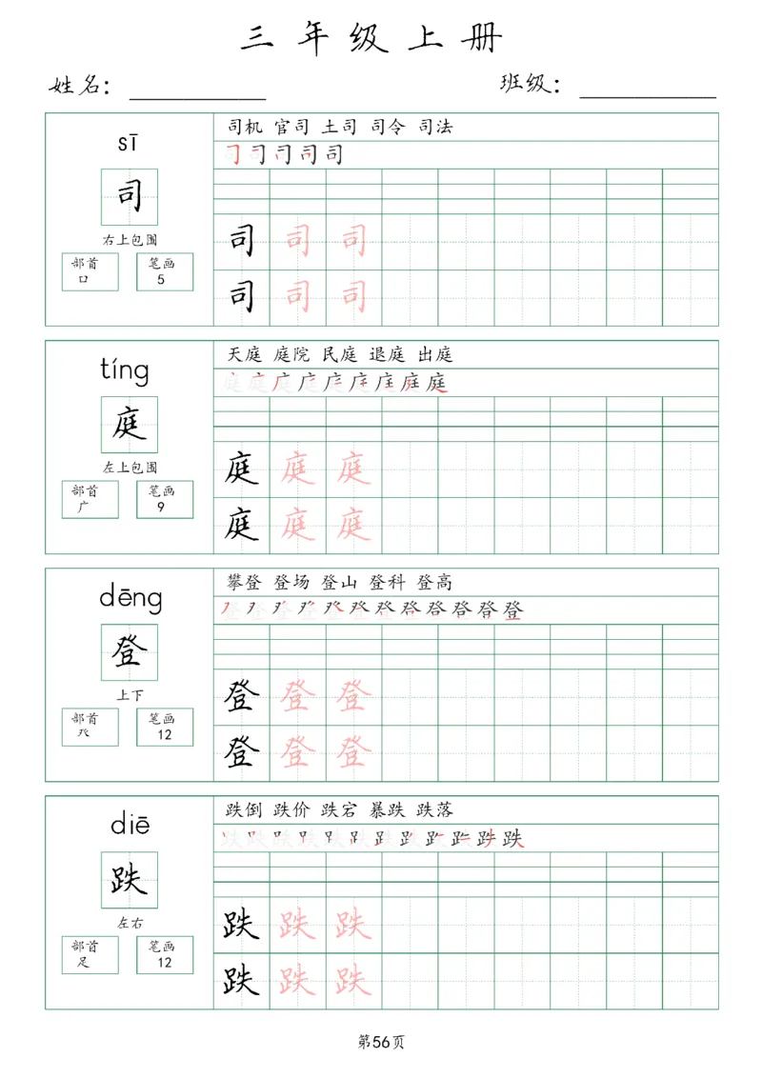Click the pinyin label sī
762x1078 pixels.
(x=129, y=143)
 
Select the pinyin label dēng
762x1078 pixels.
(x=130, y=598)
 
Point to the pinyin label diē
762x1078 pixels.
(x=130, y=825)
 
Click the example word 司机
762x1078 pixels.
(x=246, y=127)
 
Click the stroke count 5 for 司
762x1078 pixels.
(x=161, y=280)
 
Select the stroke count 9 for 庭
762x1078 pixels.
(x=161, y=508)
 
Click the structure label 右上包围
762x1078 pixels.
(x=130, y=239)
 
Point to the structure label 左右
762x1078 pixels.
(x=130, y=923)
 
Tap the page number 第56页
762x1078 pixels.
(x=381, y=1042)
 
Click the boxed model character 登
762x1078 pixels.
(x=130, y=652)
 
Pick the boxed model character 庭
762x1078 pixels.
(x=130, y=425)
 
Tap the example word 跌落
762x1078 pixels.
(x=434, y=809)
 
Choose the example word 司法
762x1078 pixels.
(x=434, y=127)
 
